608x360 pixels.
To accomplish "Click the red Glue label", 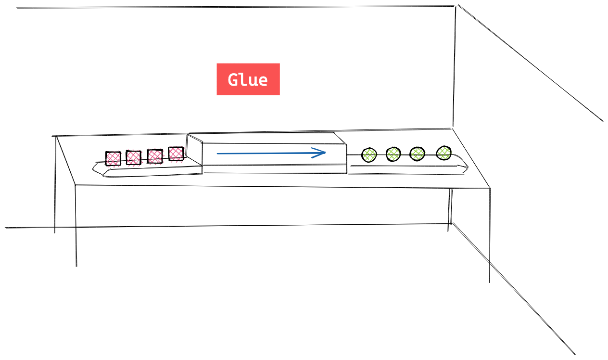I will click(248, 79).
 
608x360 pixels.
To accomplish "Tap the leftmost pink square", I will click(113, 158).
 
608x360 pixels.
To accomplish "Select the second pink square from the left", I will click(133, 157).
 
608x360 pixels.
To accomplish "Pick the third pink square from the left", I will click(154, 156).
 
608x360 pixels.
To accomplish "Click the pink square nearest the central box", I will click(176, 154).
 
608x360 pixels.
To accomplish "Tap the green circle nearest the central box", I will click(369, 154).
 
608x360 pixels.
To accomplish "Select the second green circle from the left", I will click(393, 154).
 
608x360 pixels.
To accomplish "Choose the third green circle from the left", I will click(417, 154).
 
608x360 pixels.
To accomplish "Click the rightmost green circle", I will click(443, 153).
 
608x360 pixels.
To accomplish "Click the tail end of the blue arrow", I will click(218, 154).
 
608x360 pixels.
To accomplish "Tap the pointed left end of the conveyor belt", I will click(94, 168).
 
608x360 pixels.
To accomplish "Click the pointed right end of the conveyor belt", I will click(467, 167).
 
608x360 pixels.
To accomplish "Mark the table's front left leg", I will click(76, 226).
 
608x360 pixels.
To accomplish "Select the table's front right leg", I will click(490, 236).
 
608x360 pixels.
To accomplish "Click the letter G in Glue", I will click(234, 79).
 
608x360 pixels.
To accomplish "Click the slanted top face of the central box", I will click(267, 138).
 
